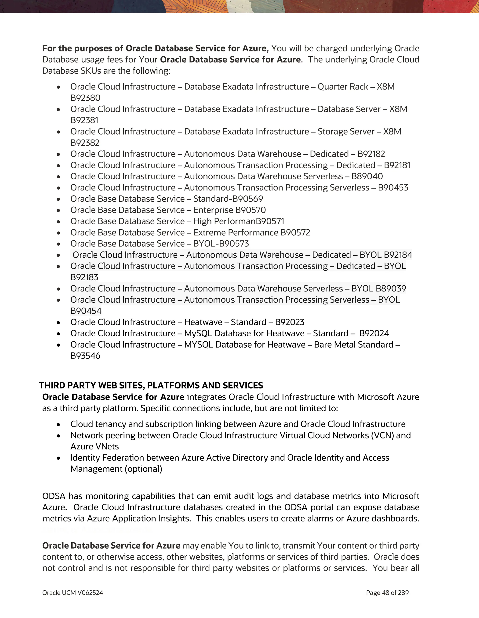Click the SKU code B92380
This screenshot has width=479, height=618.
(x=85, y=98)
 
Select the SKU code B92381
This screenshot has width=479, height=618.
(x=84, y=120)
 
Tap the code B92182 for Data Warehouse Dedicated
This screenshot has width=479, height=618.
(x=371, y=154)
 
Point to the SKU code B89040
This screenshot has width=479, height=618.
(x=367, y=176)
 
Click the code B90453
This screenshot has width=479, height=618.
(x=393, y=188)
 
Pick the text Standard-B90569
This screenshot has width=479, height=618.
(x=228, y=199)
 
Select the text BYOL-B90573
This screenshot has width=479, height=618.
(x=221, y=244)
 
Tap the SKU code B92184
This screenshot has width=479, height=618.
(x=398, y=255)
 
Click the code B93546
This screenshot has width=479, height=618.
(x=85, y=356)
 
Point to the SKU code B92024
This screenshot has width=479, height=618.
(x=374, y=333)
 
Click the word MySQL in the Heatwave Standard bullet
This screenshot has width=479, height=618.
(x=198, y=333)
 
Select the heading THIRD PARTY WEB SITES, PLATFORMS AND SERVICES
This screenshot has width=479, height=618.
(x=151, y=385)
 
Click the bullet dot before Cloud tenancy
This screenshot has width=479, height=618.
(x=58, y=425)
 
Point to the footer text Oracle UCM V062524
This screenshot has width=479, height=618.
(x=73, y=593)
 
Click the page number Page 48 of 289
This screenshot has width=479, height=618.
(x=387, y=593)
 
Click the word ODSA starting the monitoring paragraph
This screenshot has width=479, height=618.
(x=54, y=496)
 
